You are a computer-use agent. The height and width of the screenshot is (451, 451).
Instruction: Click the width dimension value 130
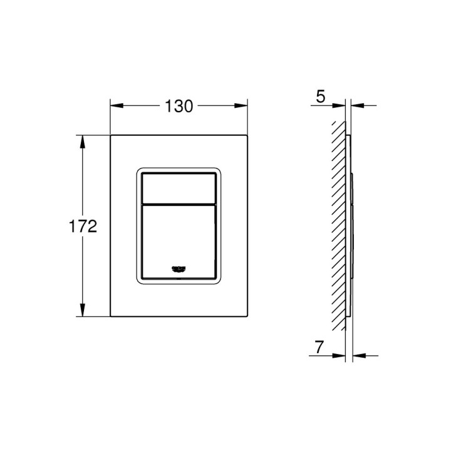[179, 106]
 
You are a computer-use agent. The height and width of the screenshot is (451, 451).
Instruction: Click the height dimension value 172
[83, 226]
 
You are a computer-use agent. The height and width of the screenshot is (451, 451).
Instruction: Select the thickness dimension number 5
[321, 96]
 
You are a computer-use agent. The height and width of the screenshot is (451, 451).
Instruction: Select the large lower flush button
[179, 238]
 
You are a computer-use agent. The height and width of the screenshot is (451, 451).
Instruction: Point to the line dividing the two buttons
[179, 203]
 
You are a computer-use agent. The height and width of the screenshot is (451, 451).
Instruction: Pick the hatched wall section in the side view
[339, 225]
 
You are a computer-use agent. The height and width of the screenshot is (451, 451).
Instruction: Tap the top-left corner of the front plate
[111, 135]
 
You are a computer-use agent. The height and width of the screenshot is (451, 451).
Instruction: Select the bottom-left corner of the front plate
[111, 317]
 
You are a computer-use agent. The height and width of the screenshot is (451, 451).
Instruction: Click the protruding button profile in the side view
[353, 225]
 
